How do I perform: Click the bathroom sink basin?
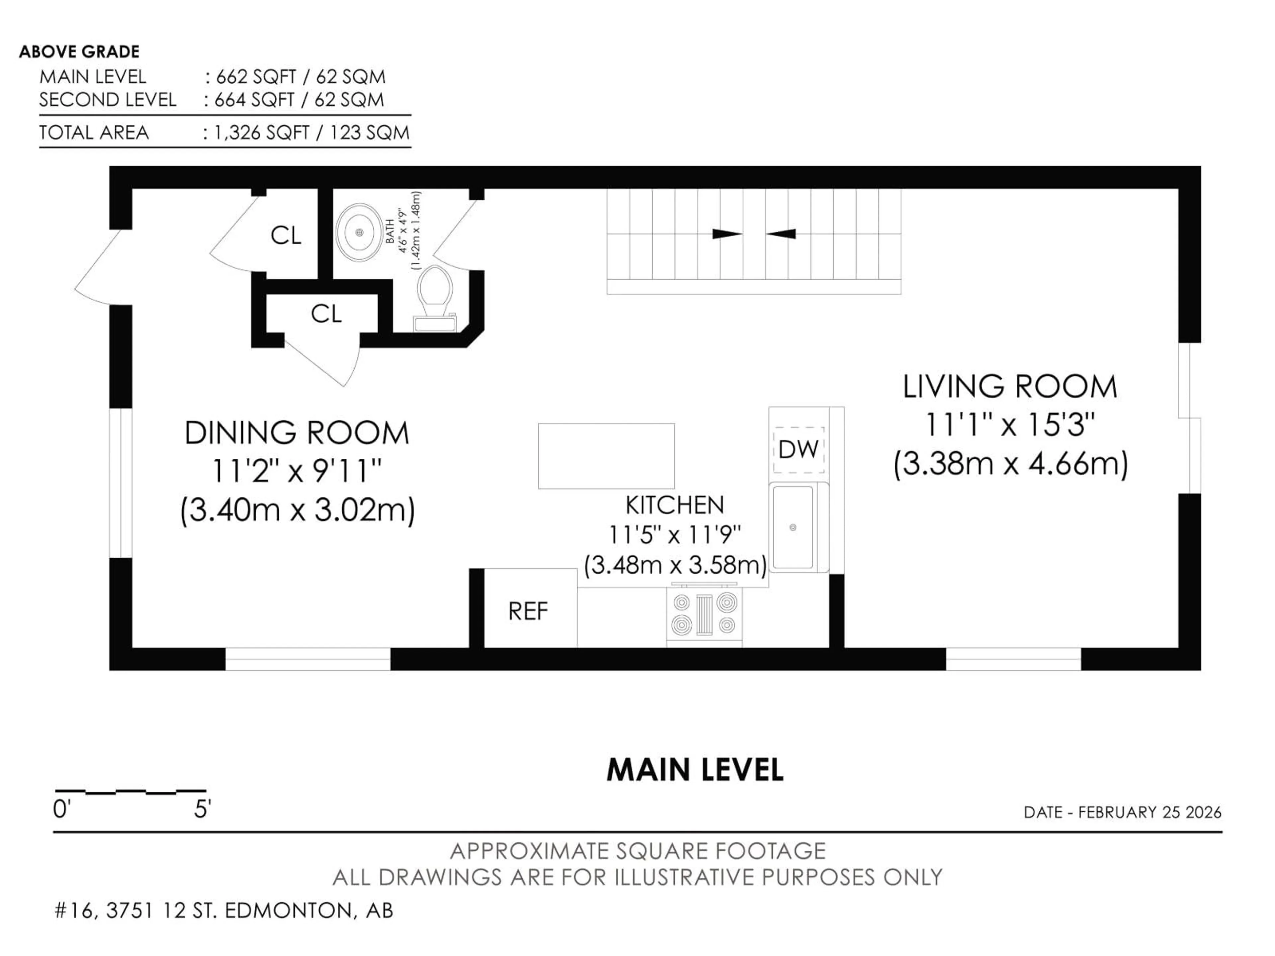[x=359, y=232]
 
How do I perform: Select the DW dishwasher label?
[x=798, y=449]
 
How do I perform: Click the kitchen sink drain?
[x=793, y=527]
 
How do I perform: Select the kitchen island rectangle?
[x=606, y=456]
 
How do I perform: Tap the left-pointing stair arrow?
[x=781, y=234]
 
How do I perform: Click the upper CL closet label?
[x=286, y=235]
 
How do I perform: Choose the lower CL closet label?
[x=326, y=314]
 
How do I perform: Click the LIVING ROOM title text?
[x=1010, y=387]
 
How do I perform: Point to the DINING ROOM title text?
[x=297, y=433]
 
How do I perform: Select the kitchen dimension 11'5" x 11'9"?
[x=674, y=535]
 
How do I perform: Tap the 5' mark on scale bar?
[x=202, y=810]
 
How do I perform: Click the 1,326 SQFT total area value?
[x=262, y=133]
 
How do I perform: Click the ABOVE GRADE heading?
[x=80, y=52]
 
